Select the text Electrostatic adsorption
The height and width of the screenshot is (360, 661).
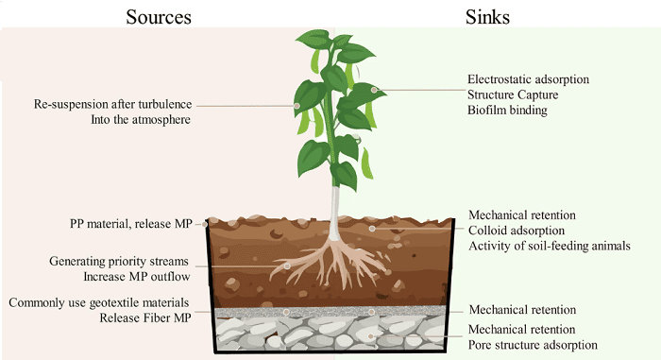528,78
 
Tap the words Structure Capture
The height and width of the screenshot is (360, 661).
513,94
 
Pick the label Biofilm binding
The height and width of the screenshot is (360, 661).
508,111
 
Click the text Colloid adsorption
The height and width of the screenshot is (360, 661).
516,230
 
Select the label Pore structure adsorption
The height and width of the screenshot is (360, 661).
533,345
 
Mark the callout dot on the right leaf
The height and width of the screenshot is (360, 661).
375,91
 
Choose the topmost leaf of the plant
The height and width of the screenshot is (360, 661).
312,41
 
